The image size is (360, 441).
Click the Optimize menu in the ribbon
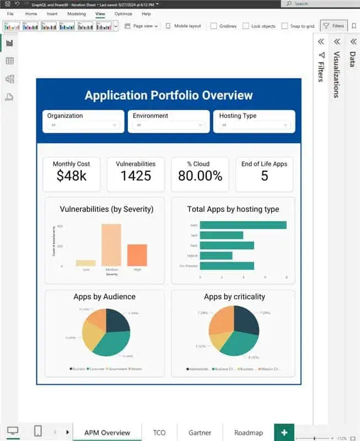click(x=123, y=13)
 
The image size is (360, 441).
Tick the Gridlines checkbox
click(x=213, y=26)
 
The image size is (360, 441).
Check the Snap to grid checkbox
click(x=284, y=26)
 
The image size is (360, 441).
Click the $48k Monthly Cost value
click(x=71, y=176)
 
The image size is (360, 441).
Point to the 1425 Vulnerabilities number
click(x=135, y=176)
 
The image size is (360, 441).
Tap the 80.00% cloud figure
click(x=200, y=176)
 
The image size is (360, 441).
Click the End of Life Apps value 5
click(x=264, y=176)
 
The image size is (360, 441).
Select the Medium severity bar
click(x=111, y=245)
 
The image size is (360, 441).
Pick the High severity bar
click(x=137, y=255)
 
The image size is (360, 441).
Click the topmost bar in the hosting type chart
click(x=243, y=225)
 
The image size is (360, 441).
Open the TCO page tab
click(x=159, y=433)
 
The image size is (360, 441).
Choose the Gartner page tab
click(x=200, y=433)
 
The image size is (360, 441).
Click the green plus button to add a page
click(x=284, y=433)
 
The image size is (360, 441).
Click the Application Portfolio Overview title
click(x=169, y=95)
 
